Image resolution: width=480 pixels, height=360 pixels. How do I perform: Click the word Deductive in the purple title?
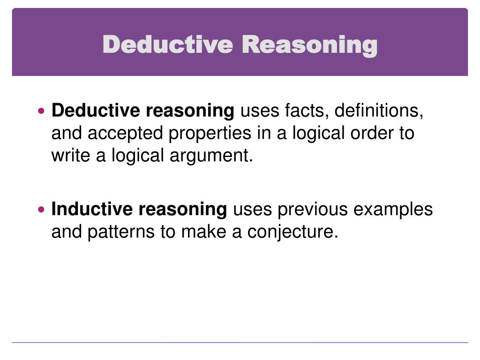tap(167, 45)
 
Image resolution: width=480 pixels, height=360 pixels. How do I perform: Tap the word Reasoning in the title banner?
tap(310, 45)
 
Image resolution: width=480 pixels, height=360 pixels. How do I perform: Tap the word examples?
tap(393, 209)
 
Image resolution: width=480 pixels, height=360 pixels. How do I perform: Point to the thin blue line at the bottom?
tap(240, 343)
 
